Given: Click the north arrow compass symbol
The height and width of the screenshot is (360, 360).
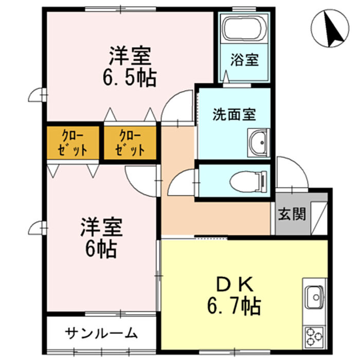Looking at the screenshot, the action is pos(330,28).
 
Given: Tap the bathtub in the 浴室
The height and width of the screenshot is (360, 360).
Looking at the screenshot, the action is pos(243,29).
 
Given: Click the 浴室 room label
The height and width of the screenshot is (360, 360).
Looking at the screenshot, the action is pos(244,60).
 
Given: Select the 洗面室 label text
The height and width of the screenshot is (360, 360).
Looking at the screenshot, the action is pos(234,114).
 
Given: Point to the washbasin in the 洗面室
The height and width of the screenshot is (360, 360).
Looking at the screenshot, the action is pos(258,143).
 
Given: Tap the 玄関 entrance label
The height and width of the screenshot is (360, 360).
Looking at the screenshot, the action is pos(292,214).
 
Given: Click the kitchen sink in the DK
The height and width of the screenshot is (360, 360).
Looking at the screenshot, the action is pos(315,297).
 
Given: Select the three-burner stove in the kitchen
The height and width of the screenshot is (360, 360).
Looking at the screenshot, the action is pos(314,337).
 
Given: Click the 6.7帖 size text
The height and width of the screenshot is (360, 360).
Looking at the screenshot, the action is pos(234,306).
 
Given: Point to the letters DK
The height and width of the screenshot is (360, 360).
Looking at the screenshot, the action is pos(235,284).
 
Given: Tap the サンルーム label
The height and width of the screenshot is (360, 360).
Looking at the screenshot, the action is pos(101,333).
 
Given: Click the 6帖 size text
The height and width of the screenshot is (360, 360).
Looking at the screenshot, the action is pos(101,249).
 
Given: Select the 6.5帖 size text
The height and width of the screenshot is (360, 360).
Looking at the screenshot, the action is pos(130,78).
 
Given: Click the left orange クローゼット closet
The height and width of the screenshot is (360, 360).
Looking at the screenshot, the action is pos(73,142).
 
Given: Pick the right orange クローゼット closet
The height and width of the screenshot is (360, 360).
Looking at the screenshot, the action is pos(130,142).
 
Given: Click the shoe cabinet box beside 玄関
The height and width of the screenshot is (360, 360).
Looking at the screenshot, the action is pos(319,218).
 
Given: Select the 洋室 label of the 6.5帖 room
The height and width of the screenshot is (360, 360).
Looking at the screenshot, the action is pos(130,56).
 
